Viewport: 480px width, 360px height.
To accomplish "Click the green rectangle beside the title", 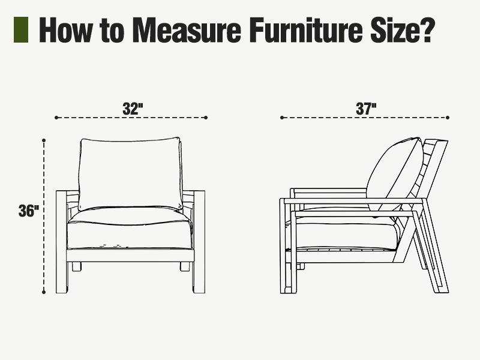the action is [x=21, y=29].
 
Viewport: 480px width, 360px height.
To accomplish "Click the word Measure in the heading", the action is [x=187, y=29].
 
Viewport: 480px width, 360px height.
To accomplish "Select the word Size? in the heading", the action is [x=403, y=29].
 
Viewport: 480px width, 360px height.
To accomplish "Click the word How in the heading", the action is [x=65, y=29].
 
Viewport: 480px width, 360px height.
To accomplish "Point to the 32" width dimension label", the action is [x=133, y=109].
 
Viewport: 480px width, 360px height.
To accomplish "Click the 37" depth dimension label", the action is [x=366, y=109].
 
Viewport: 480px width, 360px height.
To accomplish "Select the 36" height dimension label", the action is [x=29, y=211].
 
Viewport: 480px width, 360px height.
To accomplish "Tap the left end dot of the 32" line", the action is [x=56, y=118].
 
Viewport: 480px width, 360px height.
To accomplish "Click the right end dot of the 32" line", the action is [x=206, y=118].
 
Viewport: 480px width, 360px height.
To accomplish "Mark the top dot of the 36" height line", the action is [x=44, y=140].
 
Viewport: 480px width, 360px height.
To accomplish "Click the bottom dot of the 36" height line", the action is [x=44, y=292].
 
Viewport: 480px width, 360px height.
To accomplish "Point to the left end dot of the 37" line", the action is [x=282, y=118].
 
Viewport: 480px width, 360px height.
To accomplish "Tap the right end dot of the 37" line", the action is [x=448, y=118].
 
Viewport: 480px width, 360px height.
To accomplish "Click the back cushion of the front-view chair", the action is [x=130, y=173].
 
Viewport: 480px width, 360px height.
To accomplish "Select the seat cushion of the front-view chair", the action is [x=130, y=228].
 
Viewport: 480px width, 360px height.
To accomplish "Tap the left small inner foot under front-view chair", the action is [x=77, y=266].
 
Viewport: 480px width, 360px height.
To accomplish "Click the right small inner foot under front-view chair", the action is [x=185, y=266].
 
